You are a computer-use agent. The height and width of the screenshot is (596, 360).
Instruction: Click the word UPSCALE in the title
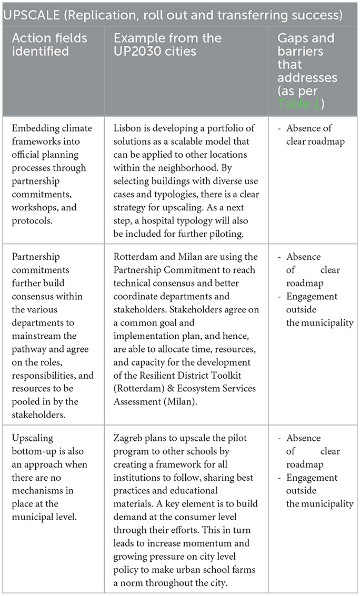(30, 14)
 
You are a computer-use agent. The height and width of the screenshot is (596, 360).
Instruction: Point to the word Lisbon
(128, 128)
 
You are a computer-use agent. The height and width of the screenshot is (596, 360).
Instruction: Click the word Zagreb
(128, 438)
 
